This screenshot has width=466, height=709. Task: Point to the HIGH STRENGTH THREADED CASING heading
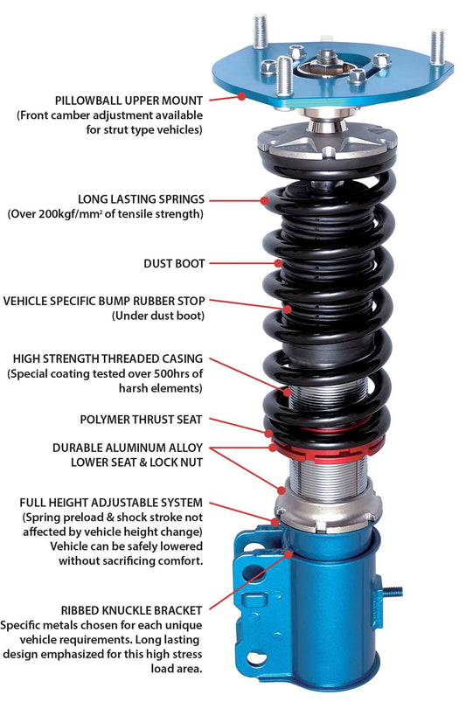click(x=108, y=358)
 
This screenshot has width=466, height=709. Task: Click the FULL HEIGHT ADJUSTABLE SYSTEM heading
click(x=110, y=503)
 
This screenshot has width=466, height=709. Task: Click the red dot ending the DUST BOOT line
click(x=278, y=262)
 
